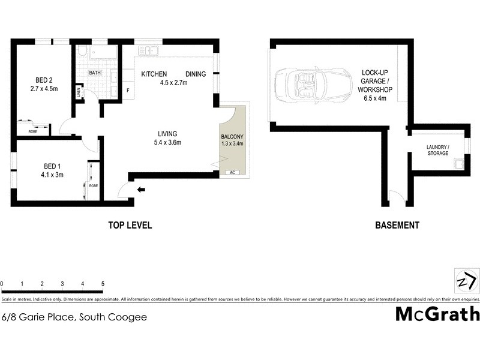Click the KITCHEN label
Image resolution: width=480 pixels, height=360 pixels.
point(154,74)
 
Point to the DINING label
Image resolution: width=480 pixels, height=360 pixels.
point(195,74)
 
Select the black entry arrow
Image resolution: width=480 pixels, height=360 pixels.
point(142,190)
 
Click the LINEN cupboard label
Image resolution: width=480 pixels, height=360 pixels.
point(78,92)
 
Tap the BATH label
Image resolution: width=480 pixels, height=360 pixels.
point(95,73)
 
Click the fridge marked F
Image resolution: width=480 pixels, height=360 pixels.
point(127,91)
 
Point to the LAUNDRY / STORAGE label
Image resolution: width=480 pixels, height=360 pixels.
point(437,151)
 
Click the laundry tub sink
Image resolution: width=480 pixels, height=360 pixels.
point(459,163)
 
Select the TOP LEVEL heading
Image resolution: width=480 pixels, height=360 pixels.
point(130,226)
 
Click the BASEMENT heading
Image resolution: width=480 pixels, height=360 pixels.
point(397,226)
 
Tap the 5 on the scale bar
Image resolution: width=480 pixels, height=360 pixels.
point(103,283)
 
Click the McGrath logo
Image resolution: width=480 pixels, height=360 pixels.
point(437,314)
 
